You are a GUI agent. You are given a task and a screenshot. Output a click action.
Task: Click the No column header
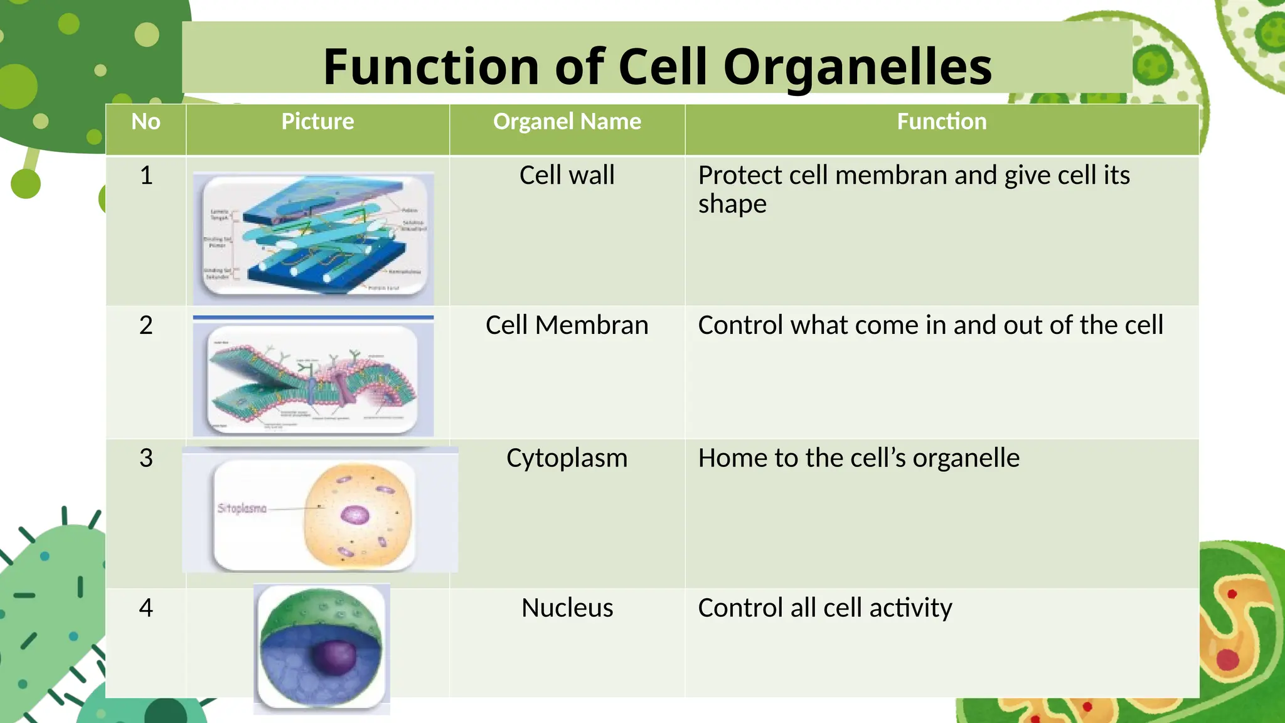tap(146, 121)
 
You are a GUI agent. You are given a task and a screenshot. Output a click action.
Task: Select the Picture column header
tap(317, 121)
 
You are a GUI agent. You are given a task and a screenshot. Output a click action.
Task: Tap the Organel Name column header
tap(567, 121)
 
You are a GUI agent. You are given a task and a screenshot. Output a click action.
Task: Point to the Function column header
tap(941, 121)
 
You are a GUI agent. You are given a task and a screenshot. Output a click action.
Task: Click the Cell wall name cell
tap(567, 175)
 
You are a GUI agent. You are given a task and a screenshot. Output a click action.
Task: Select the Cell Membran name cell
tap(567, 325)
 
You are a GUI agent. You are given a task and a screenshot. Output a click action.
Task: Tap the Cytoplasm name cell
tap(567, 458)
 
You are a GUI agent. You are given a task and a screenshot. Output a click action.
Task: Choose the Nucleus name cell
tap(567, 608)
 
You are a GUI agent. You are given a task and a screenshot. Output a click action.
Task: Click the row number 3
tap(146, 458)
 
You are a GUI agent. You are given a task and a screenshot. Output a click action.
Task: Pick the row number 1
tap(146, 175)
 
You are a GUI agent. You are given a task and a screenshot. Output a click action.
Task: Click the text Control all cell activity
tap(824, 608)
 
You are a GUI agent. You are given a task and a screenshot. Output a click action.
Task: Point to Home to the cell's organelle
tap(858, 458)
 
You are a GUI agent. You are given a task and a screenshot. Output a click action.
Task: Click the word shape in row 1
tap(732, 205)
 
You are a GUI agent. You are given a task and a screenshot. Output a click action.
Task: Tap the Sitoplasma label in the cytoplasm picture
tap(242, 508)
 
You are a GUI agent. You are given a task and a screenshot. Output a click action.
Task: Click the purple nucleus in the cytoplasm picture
tap(355, 515)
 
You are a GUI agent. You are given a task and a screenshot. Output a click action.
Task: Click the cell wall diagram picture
tap(313, 238)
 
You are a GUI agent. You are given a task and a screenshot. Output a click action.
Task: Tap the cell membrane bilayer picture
tap(313, 378)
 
